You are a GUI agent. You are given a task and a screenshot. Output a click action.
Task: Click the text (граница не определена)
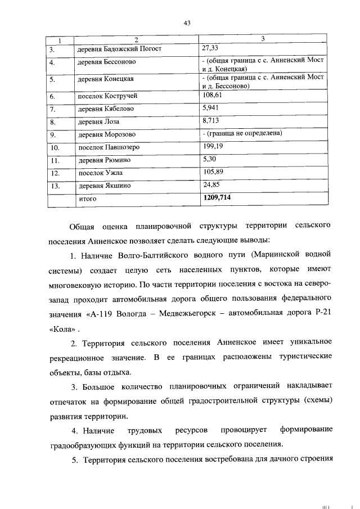242,134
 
